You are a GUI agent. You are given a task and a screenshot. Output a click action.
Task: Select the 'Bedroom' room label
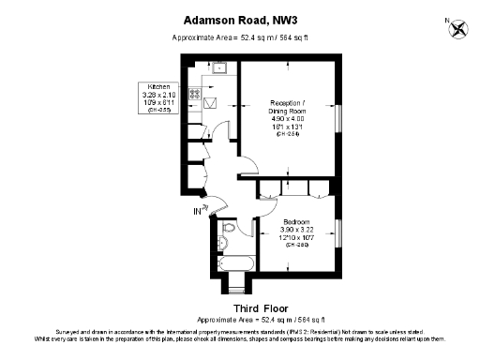click(298, 222)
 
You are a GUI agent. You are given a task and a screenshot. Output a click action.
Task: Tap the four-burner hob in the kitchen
click(196, 94)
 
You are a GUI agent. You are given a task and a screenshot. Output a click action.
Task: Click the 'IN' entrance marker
click(198, 212)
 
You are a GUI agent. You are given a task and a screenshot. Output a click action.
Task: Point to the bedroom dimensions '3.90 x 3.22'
click(298, 230)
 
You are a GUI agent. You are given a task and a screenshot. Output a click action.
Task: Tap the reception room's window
click(340, 119)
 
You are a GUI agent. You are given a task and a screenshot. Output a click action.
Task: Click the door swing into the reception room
click(247, 170)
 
